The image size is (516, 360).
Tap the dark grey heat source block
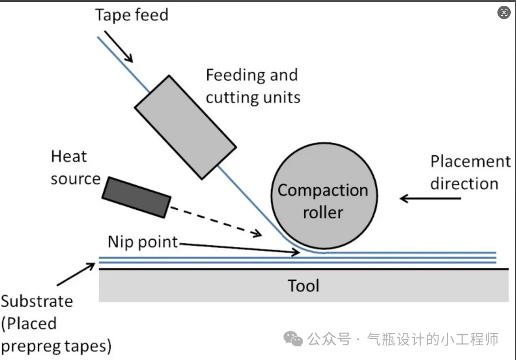(137, 197)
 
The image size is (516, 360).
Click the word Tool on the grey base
(303, 286)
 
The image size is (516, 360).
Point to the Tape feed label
(132, 15)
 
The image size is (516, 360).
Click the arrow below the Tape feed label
(118, 47)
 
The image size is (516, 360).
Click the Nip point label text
(143, 242)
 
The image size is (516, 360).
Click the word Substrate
(37, 302)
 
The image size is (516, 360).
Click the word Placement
(470, 161)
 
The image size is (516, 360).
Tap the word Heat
(69, 157)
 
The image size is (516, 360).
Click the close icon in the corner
(504, 13)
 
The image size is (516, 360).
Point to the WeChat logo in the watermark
(293, 339)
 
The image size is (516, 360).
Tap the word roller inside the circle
(323, 212)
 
